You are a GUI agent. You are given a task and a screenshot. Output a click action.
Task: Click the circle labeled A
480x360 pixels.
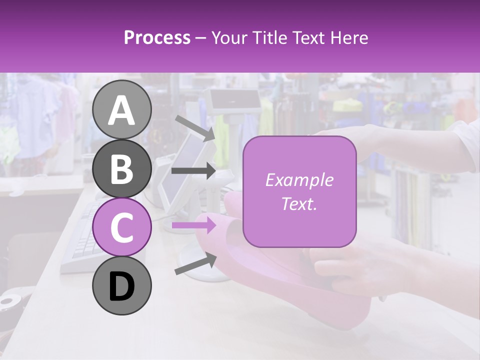[122, 109]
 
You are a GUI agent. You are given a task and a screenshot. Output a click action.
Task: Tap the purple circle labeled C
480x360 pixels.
[122, 227]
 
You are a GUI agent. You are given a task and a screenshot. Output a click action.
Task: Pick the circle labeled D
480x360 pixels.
[122, 285]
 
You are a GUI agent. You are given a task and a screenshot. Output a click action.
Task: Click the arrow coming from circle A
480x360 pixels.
[195, 127]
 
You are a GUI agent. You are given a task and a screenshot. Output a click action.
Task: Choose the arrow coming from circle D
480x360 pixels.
[195, 264]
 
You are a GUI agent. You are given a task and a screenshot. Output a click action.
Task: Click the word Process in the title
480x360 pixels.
[157, 37]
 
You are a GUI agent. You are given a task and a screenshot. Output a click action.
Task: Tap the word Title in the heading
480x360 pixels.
[266, 37]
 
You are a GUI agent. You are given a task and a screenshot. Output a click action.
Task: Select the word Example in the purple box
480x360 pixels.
[299, 180]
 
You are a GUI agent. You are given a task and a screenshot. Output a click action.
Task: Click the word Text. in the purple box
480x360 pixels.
[299, 203]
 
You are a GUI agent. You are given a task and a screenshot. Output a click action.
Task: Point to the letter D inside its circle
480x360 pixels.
[122, 286]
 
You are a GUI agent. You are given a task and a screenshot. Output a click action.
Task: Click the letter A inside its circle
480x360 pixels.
[122, 110]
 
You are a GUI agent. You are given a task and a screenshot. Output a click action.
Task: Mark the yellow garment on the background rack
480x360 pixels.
[347, 105]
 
